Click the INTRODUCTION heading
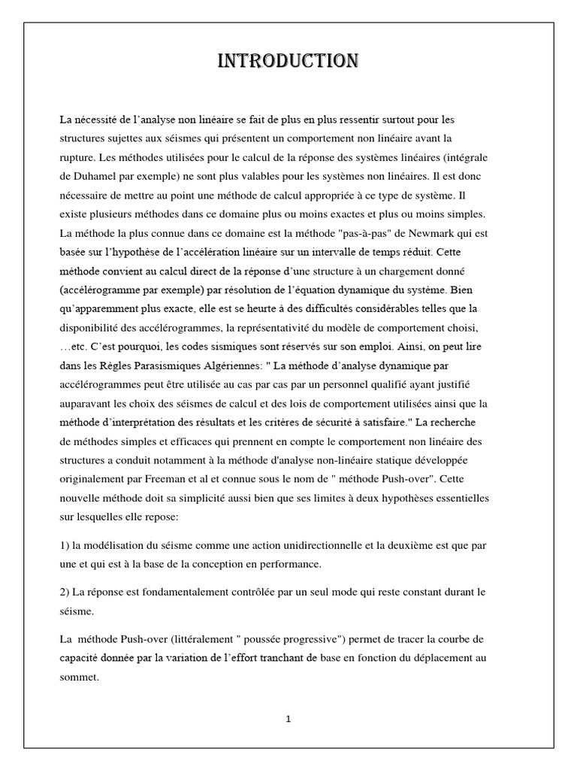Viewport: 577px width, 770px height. (288, 61)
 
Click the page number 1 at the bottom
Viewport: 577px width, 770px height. (288, 719)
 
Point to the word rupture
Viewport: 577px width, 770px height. (77, 157)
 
